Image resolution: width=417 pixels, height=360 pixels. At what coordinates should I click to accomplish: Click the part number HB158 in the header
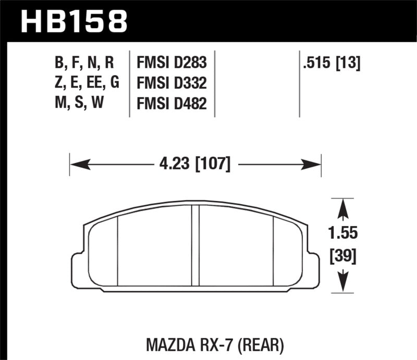[73, 21]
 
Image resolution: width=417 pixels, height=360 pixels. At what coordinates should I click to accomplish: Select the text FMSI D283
[171, 64]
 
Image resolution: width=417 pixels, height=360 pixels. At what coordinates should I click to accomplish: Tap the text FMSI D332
[171, 83]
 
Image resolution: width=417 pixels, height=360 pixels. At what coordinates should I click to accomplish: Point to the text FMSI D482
[171, 104]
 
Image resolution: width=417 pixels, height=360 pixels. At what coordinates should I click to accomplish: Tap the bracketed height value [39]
[342, 256]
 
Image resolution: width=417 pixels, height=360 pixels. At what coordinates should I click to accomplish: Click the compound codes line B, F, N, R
[83, 64]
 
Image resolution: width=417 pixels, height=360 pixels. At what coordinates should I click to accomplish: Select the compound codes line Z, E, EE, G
[87, 83]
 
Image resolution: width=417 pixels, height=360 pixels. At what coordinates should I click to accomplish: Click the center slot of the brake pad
[195, 245]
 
